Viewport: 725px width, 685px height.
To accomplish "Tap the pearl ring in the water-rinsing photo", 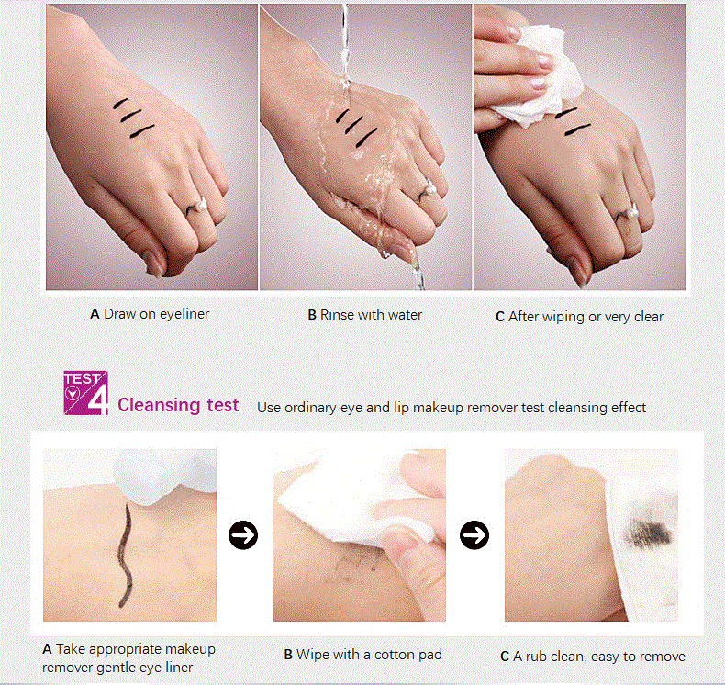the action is pyautogui.click(x=427, y=191).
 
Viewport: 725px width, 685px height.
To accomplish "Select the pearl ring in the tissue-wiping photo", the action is pyautogui.click(x=630, y=213).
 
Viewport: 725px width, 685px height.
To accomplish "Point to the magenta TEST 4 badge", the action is pyautogui.click(x=86, y=393).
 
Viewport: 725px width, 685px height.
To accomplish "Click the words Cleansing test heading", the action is pyautogui.click(x=178, y=405).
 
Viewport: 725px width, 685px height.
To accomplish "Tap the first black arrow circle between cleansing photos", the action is pyautogui.click(x=243, y=535).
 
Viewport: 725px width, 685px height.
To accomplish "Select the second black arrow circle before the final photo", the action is pyautogui.click(x=474, y=535).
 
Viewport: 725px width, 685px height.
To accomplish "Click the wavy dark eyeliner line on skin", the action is pyautogui.click(x=125, y=555).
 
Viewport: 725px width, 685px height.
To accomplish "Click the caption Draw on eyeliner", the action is pyautogui.click(x=150, y=314).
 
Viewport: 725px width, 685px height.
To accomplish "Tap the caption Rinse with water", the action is pyautogui.click(x=365, y=315).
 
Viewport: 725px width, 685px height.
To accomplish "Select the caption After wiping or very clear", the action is pyautogui.click(x=579, y=317).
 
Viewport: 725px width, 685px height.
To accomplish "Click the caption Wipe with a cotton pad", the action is pyautogui.click(x=363, y=655).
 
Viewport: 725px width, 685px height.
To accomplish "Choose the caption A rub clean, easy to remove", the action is pyautogui.click(x=593, y=657).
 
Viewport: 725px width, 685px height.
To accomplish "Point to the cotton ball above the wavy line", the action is pyautogui.click(x=165, y=477).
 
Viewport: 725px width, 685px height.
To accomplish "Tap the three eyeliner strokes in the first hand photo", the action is pyautogui.click(x=133, y=118).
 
